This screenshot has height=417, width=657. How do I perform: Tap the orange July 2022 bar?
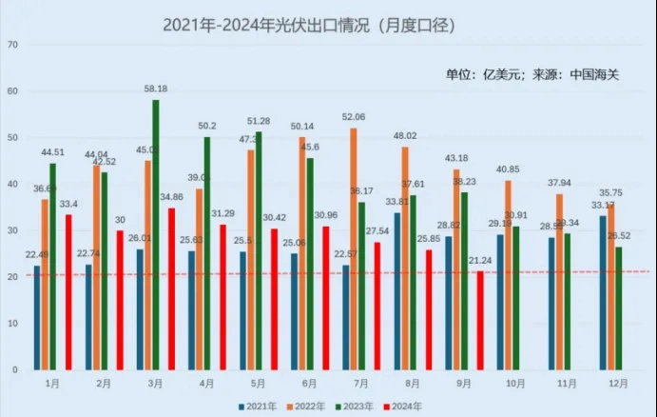point(354,248)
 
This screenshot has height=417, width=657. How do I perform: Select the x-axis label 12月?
point(616,383)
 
